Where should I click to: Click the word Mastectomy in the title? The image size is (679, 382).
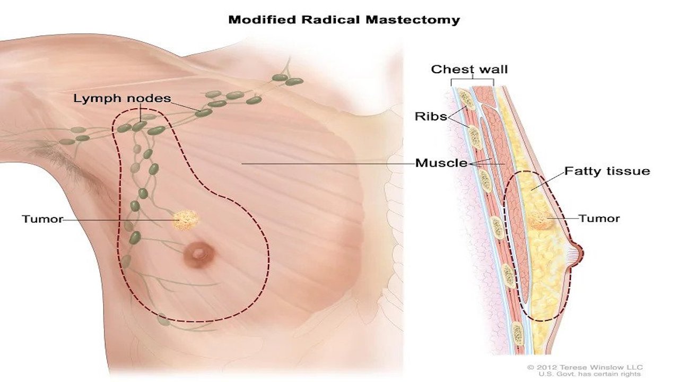point(413,20)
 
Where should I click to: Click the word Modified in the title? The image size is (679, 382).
point(262,20)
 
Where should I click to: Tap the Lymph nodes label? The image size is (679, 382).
point(122,99)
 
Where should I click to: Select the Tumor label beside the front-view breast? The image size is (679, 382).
point(42,219)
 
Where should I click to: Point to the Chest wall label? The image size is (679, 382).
point(469,70)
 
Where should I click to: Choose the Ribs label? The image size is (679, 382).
point(431,116)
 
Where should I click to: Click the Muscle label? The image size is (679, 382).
point(441,163)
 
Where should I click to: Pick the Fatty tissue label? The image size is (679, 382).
point(607,171)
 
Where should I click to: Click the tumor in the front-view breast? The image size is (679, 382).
point(186,220)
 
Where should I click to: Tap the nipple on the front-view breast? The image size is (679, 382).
point(199,254)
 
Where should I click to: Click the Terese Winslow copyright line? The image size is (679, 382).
point(585,368)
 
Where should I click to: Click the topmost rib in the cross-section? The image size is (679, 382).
point(467,99)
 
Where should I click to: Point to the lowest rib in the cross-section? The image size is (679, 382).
point(518,334)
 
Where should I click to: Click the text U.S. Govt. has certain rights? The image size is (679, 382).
point(589,375)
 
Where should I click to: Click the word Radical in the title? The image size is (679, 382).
point(330,20)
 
